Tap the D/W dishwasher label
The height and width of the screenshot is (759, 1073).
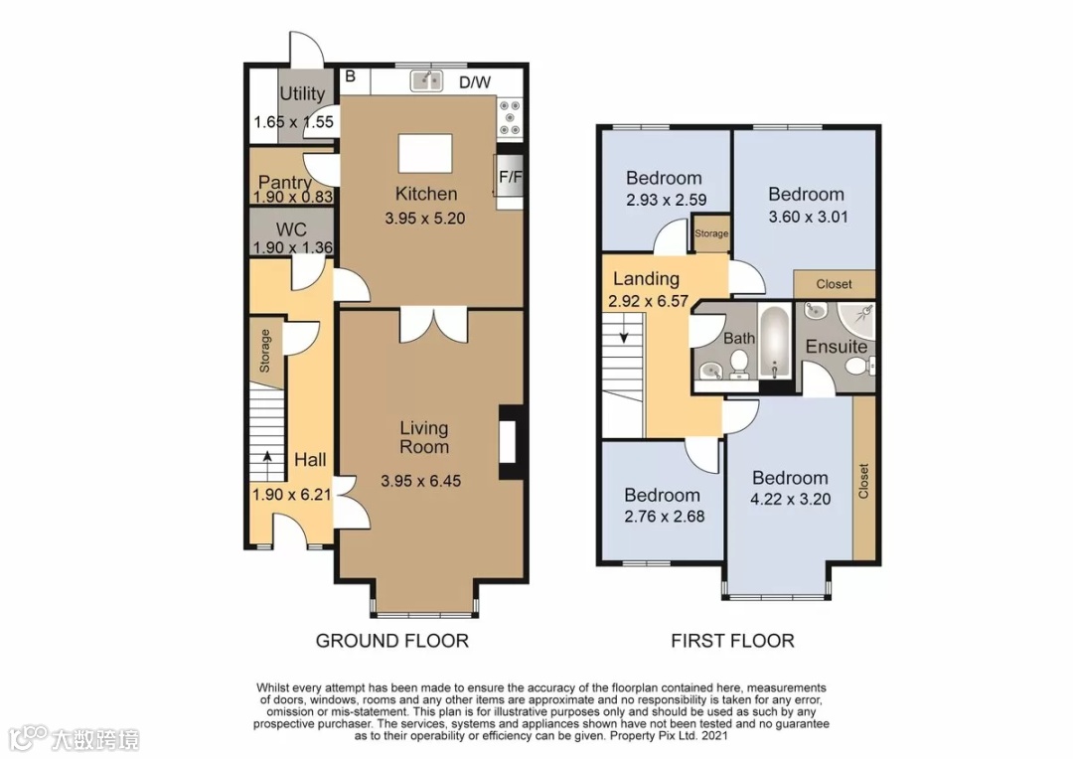tap(475, 82)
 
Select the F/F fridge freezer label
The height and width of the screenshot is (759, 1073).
tap(510, 177)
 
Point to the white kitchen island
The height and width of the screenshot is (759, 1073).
tap(425, 153)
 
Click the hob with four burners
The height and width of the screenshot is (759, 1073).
tap(510, 117)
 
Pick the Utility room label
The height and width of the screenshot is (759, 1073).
tap(302, 93)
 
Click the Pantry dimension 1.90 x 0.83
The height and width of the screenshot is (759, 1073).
tap(293, 197)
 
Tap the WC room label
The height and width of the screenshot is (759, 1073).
tap(291, 229)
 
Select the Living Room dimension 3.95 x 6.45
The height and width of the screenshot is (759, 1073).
tap(421, 481)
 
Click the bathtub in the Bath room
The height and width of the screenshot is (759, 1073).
tap(775, 343)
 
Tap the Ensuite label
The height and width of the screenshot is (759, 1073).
tap(837, 347)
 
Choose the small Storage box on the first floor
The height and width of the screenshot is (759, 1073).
tap(711, 232)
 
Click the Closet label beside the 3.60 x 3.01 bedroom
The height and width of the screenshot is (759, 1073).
tap(835, 284)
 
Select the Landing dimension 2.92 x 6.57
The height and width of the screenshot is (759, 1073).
tap(648, 301)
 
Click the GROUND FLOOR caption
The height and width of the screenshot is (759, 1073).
tap(392, 642)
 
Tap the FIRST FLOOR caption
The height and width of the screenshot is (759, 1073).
tap(732, 642)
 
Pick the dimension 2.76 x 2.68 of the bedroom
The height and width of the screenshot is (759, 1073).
tap(664, 517)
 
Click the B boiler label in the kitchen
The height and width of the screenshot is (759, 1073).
tap(351, 76)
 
